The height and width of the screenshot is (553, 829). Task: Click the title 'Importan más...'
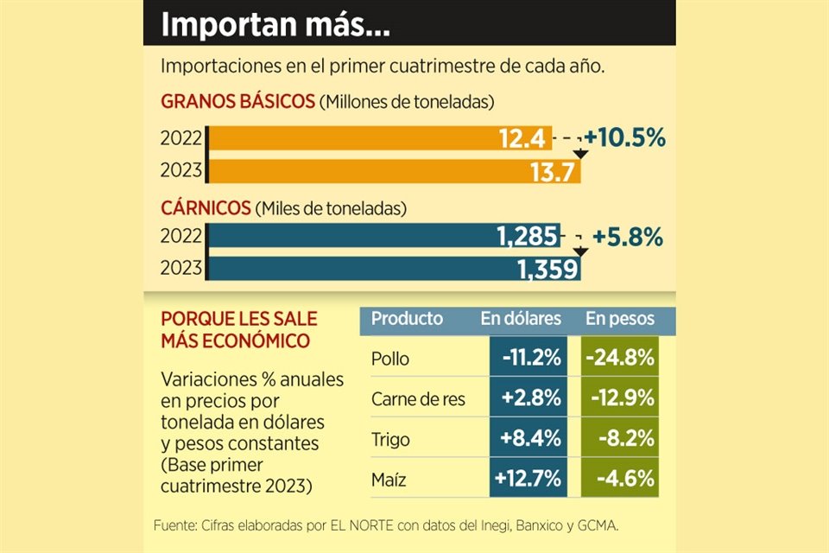275,24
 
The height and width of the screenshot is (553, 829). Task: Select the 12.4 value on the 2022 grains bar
522,138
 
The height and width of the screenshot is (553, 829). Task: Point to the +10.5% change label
624,138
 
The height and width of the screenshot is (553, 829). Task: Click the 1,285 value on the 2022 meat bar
528,236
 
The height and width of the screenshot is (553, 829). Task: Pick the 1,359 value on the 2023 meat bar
547,270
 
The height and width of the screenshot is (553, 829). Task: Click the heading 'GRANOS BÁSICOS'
237,102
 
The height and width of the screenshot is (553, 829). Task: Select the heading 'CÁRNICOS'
206,208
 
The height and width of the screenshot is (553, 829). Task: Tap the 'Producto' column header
407,319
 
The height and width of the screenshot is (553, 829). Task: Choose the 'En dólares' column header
521,319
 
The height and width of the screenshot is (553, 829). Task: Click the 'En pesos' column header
620,319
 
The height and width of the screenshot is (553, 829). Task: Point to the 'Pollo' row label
389,359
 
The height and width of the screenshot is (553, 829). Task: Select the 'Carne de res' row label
418,399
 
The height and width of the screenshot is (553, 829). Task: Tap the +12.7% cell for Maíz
528,478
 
